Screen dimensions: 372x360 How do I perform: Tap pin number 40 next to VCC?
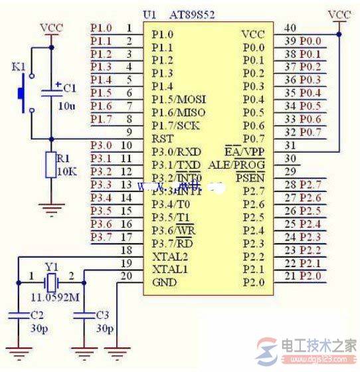(x=289, y=28)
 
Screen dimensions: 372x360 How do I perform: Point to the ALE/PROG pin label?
(x=236, y=164)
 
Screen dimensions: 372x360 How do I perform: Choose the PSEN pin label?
(x=250, y=177)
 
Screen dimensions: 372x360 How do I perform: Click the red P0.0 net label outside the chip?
(x=309, y=41)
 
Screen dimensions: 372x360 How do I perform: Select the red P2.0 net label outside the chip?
(x=309, y=276)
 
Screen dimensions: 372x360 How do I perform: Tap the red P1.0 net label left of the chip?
(x=101, y=28)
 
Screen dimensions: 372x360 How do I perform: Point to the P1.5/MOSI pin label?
(x=177, y=99)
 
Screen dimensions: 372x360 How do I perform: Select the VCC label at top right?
(x=339, y=14)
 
